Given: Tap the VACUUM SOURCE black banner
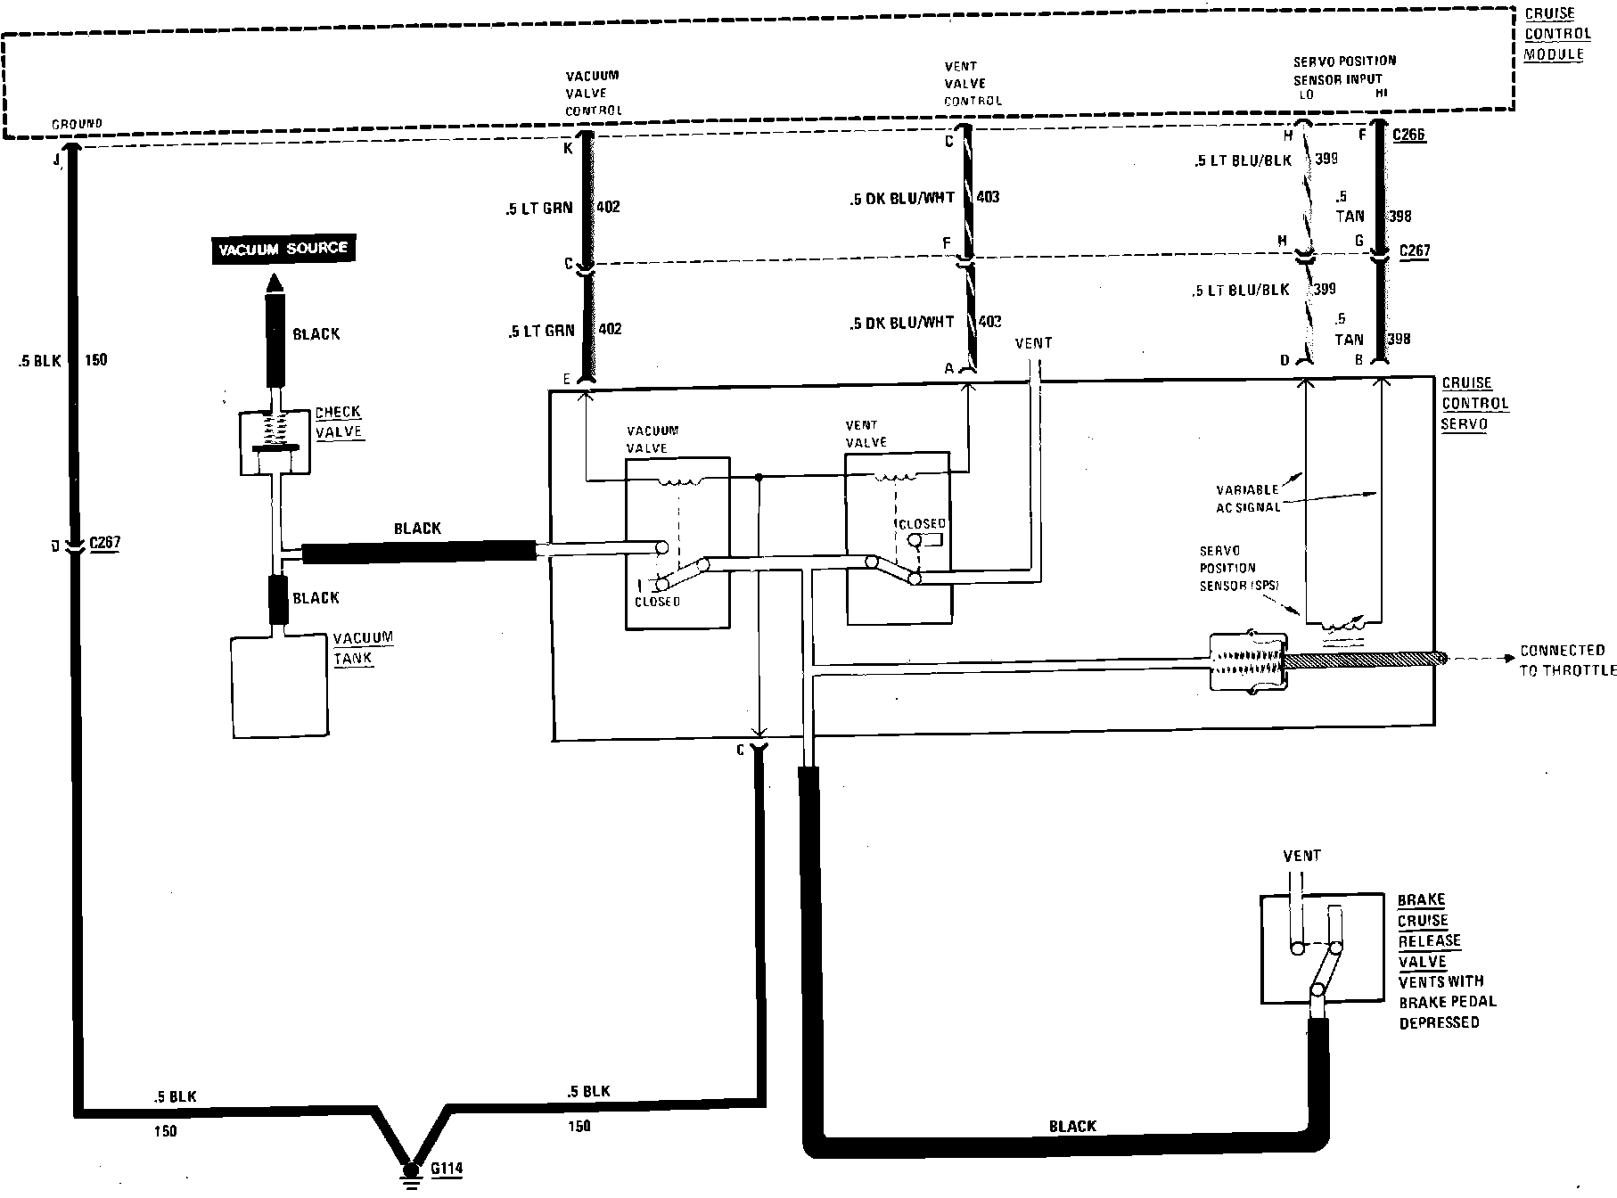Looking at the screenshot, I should [x=283, y=248].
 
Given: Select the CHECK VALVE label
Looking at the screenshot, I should [x=339, y=422].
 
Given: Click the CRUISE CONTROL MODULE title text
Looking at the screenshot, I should [x=1556, y=34].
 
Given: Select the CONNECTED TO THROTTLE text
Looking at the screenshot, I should [x=1567, y=660].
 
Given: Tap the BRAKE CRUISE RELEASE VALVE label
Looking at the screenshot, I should [x=1429, y=931].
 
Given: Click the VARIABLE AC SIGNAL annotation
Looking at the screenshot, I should [x=1248, y=497].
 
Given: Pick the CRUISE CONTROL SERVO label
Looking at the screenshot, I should [x=1474, y=403].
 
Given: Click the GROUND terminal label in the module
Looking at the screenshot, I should [x=77, y=124].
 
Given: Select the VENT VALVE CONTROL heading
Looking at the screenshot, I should [x=973, y=83].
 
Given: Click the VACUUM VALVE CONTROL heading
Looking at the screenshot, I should [x=593, y=93].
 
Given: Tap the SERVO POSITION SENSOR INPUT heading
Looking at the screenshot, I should [x=1344, y=70].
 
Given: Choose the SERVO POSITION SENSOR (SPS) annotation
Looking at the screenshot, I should [x=1239, y=567].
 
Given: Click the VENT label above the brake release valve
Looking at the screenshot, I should [x=1301, y=855].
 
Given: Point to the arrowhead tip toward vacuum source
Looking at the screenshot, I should [x=275, y=278].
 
